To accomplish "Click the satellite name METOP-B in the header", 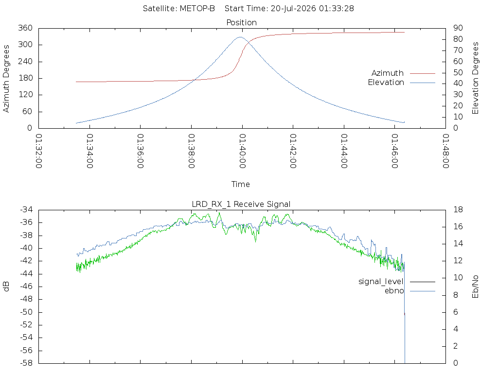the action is (197, 8).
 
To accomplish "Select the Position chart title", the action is (241, 22).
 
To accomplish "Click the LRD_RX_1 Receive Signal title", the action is (241, 204).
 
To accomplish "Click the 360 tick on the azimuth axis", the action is (25, 28).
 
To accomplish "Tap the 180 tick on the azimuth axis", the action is (25, 78).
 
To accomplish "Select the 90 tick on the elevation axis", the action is (458, 28).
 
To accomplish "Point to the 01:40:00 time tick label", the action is (242, 151).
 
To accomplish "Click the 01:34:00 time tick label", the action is (90, 151).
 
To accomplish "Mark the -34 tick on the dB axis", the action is (26, 210).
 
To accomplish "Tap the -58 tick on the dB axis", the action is (26, 363).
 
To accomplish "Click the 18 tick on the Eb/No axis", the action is (458, 210).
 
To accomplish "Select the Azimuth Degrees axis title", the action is (6, 78).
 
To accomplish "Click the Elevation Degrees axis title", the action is (475, 78).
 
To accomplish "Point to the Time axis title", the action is (240, 184).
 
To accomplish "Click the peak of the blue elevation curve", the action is (240, 37).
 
